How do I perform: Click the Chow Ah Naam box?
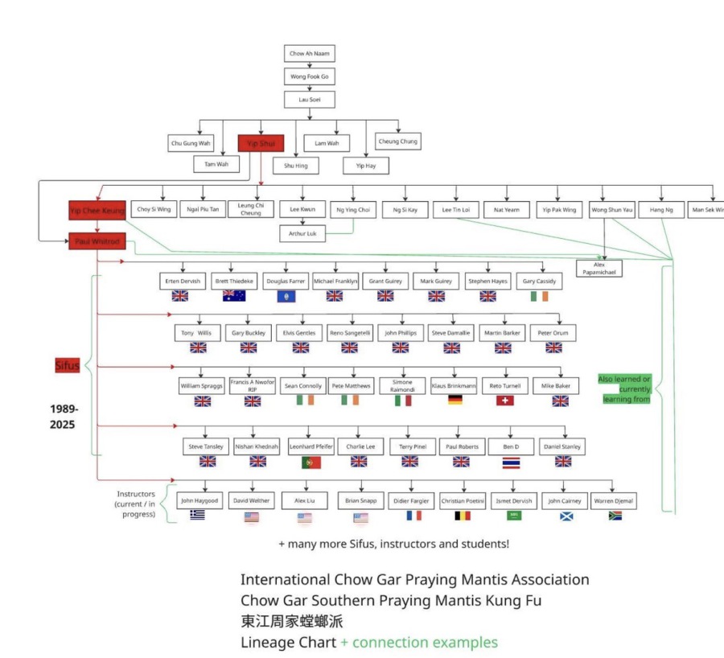[x=309, y=54]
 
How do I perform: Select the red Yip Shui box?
[x=261, y=143]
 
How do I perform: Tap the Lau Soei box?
[x=309, y=100]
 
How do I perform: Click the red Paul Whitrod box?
[x=97, y=241]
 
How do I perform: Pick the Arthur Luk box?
[x=302, y=234]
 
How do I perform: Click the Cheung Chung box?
[x=397, y=142]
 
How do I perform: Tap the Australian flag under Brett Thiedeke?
[x=234, y=296]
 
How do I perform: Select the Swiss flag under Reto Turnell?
[x=504, y=400]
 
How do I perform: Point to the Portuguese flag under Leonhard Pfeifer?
[x=311, y=462]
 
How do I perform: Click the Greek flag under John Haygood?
[x=197, y=515]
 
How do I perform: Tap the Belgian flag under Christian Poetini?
[x=463, y=515]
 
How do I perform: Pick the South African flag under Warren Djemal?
[x=615, y=515]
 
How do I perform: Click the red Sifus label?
[x=67, y=366]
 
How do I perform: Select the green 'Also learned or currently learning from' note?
[x=623, y=389]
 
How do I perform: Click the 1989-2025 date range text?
[x=64, y=415]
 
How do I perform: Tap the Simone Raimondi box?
[x=402, y=386]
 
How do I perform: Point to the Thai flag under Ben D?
[x=511, y=462]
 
